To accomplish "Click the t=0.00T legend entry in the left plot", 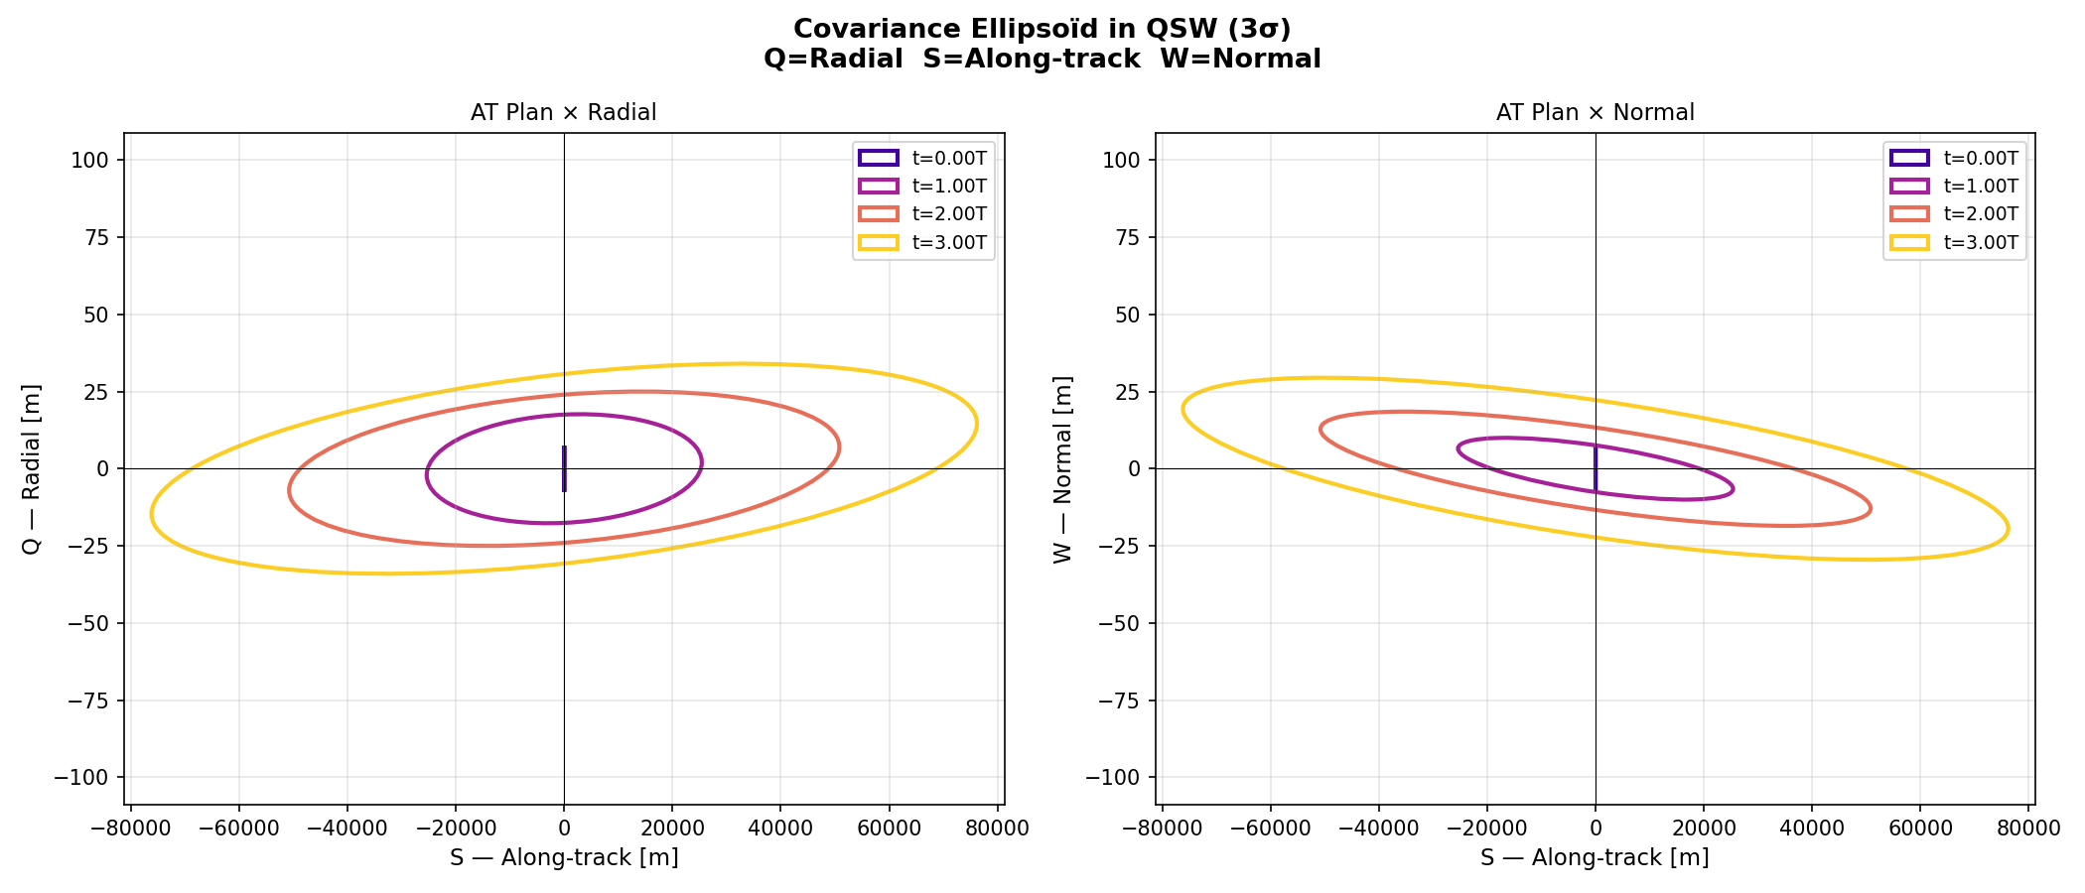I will coord(923,159).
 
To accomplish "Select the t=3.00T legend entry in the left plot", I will coord(923,243).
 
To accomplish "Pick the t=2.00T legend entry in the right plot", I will coord(1954,214).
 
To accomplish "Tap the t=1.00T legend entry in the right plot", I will coord(1954,187).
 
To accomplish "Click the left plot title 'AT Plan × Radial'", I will coord(563,113).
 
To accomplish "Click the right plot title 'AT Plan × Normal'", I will coord(1595,113).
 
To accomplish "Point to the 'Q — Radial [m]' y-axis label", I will coord(32,468).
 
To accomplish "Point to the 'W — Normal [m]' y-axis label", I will coord(1063,468).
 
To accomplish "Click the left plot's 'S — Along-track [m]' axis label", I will coord(564,858).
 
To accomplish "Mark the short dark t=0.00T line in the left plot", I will coord(564,468).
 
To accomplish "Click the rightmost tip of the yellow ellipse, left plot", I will coord(977,424).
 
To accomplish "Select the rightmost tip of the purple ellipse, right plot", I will coord(1734,488).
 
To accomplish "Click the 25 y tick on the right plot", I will coord(1131,391).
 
